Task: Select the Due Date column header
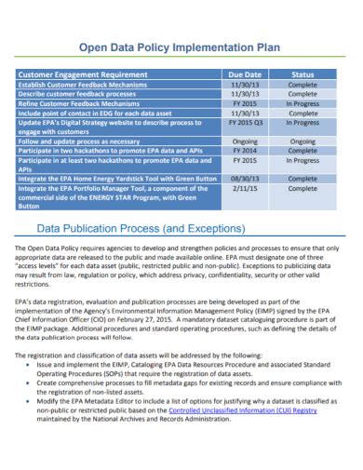click(x=245, y=74)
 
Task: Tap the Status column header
click(x=303, y=74)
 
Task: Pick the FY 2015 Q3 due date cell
click(x=247, y=121)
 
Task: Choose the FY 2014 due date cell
click(x=245, y=149)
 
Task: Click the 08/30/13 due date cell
click(x=245, y=177)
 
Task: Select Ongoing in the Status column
click(x=303, y=141)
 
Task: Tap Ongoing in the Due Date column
click(x=245, y=141)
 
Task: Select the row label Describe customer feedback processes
click(x=76, y=93)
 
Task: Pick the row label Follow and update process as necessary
click(x=78, y=141)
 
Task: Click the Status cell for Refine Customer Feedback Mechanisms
click(x=303, y=102)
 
